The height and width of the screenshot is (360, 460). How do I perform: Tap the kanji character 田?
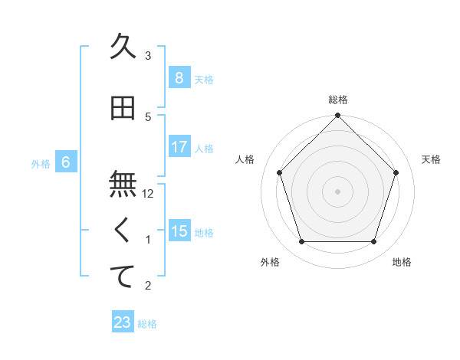coord(123,108)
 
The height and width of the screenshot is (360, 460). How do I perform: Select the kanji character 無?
coord(123,185)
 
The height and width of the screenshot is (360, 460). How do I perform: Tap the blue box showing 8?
coord(179,77)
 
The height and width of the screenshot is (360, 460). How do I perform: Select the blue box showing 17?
coord(179,146)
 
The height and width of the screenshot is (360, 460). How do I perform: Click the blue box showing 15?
coord(179,231)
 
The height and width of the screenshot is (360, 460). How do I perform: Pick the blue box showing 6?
coord(66,162)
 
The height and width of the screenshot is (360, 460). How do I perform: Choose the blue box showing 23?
coord(123,322)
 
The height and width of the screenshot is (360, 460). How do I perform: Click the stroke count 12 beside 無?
coord(149,194)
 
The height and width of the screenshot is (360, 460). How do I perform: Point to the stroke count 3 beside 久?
coord(149,56)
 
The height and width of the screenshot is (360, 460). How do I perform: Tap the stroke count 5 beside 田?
coord(149,117)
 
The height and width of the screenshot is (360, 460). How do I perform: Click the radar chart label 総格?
coord(338,100)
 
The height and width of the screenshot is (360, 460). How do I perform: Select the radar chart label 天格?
coord(431,159)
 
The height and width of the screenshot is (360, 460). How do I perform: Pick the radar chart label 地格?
coord(402,262)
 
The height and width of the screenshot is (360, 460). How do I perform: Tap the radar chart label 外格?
coord(270,262)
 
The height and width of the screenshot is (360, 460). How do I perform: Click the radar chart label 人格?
coord(245,159)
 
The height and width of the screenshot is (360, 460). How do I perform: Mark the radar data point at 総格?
coord(338,116)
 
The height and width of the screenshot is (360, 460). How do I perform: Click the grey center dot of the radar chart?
coord(338,191)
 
